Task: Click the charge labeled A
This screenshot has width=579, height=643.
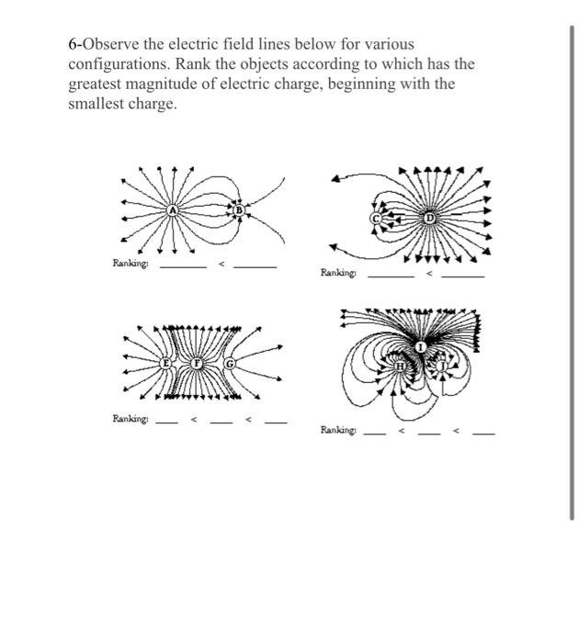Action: click(x=172, y=210)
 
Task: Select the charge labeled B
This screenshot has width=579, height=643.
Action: click(x=240, y=210)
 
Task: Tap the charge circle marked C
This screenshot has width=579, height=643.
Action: click(x=375, y=219)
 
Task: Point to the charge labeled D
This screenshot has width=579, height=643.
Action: click(x=429, y=218)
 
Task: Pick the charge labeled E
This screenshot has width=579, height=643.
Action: click(x=167, y=364)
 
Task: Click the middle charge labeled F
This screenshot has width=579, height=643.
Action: click(x=196, y=364)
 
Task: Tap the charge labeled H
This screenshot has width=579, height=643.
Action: click(x=401, y=367)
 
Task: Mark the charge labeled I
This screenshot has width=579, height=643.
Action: click(x=420, y=346)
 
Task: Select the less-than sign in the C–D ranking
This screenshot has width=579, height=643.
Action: click(x=428, y=274)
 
